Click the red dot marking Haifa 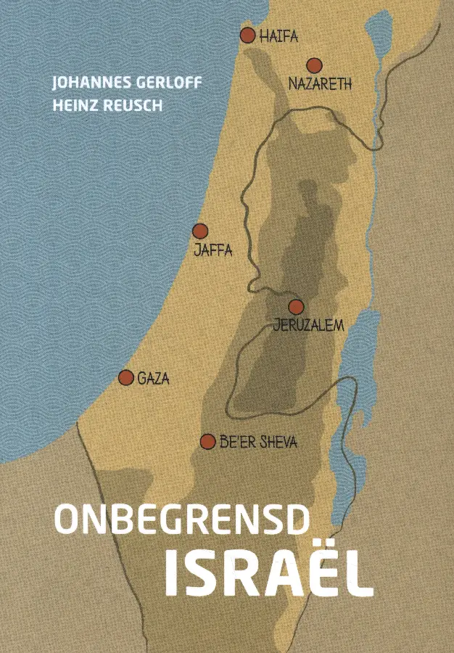point(247,35)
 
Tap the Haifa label point(279,37)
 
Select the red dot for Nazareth point(313,65)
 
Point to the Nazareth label point(320,84)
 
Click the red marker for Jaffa point(199,231)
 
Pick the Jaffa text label point(212,251)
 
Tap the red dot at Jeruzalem point(296,307)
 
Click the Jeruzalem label point(308,326)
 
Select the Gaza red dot point(126,377)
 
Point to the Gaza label point(153,378)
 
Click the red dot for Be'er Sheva point(208,441)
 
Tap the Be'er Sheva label point(258,442)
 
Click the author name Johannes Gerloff point(126,83)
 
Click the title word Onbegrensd point(182,520)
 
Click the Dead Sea point(354,363)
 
